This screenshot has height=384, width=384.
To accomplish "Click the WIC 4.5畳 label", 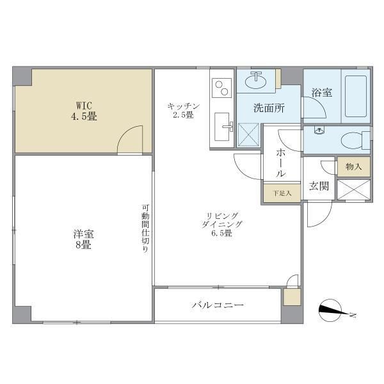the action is tap(84, 111).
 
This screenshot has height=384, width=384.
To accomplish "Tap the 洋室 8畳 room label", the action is tap(83, 239).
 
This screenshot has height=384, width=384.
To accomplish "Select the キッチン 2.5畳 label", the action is tap(184, 111).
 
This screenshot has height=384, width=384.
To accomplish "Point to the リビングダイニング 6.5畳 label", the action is tap(222, 225).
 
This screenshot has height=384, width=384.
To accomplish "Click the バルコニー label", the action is tap(218, 305).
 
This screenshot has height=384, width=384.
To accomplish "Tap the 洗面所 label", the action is tap(269, 108).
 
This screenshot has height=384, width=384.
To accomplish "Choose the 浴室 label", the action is tap(322, 93).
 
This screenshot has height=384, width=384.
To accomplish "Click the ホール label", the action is tap(281, 163).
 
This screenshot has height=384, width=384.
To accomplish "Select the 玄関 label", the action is tap(319, 186).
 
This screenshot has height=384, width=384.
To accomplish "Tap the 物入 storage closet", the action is tap(353, 166).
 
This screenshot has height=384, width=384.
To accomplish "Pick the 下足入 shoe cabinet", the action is tap(282, 193).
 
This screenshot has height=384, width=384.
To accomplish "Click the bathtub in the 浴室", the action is tap(356, 96).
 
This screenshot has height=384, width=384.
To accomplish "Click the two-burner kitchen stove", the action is tap(222, 88).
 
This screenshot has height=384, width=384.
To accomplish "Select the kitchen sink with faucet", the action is tap(222, 127).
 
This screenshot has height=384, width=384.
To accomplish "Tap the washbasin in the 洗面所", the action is tap(256, 81).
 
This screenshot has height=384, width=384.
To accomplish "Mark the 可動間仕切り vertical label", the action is tap(145, 228).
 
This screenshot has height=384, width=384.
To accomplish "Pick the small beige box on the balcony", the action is tap(292, 297).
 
